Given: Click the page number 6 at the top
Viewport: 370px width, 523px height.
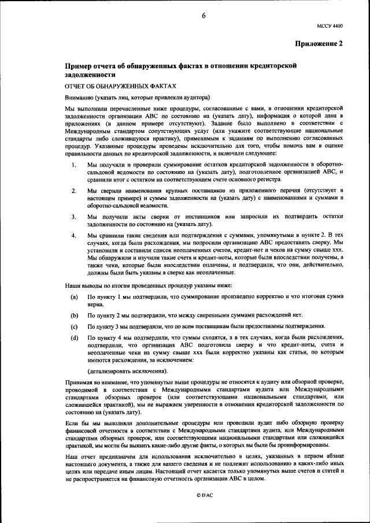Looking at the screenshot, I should pyautogui.click(x=203, y=16).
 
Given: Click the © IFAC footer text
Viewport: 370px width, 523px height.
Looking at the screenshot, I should pyautogui.click(x=203, y=495).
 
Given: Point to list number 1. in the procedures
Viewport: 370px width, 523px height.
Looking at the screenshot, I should pyautogui.click(x=74, y=165).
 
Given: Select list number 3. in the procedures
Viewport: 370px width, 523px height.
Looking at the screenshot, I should pyautogui.click(x=74, y=216).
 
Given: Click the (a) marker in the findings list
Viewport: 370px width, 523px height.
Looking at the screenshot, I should pyautogui.click(x=74, y=296).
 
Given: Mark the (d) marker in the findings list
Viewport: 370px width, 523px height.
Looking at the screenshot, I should pyautogui.click(x=74, y=337).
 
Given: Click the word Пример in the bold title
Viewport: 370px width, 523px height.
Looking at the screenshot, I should pyautogui.click(x=79, y=66).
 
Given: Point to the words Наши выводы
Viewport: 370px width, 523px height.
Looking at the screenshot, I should pyautogui.click(x=85, y=285).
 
